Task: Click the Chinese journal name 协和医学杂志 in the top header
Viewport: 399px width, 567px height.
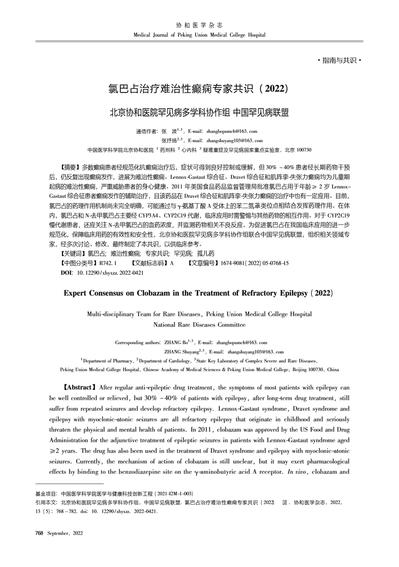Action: [199, 26]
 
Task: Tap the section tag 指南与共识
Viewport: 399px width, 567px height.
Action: [339, 60]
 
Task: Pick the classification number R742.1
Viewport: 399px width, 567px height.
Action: [108, 263]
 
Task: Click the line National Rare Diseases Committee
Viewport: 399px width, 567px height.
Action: [199, 325]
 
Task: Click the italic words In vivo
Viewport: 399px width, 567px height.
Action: [296, 472]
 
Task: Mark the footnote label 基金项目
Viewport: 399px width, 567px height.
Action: [46, 494]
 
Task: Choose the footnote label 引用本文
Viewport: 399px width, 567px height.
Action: [46, 503]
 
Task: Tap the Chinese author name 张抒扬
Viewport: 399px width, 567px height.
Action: [170, 141]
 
